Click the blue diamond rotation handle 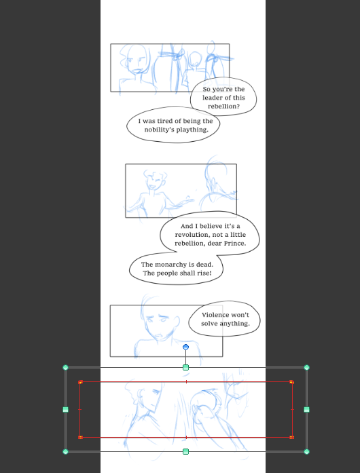point(185,347)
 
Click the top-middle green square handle point(185,368)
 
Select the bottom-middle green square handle point(185,451)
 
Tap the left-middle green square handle point(66,410)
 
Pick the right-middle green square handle point(306,410)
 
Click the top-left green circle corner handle point(66,368)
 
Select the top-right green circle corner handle point(306,368)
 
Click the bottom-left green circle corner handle point(66,451)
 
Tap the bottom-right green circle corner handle point(306,451)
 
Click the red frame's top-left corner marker point(80,382)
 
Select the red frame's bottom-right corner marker point(292,437)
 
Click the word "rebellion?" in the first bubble point(223,106)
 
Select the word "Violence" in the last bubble point(216,315)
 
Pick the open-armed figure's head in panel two point(155,181)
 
